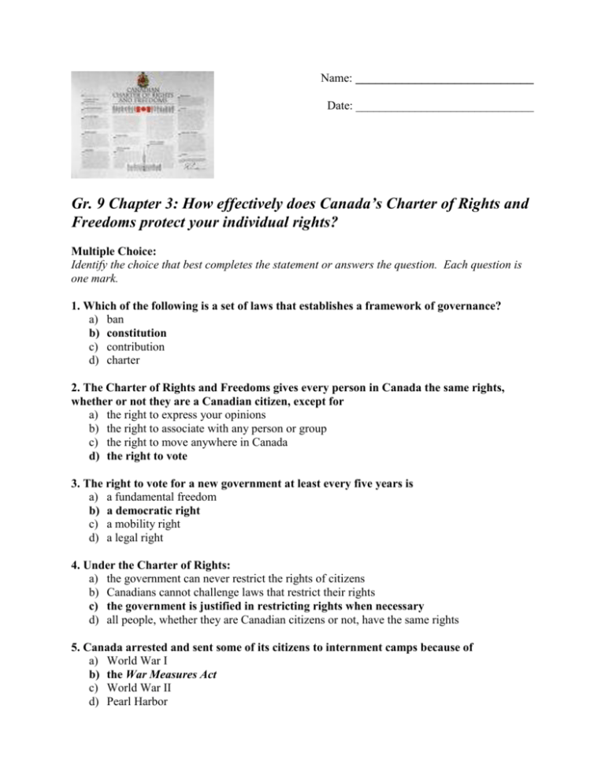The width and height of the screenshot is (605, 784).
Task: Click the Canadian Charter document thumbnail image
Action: pos(143,125)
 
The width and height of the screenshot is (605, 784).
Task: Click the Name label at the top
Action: pos(336,80)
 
